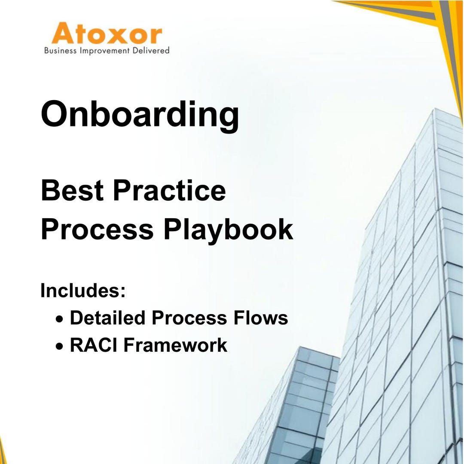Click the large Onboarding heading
[x=140, y=114]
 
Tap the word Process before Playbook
[x=97, y=229]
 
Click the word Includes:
[x=83, y=291]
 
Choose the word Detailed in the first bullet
[x=107, y=318]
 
